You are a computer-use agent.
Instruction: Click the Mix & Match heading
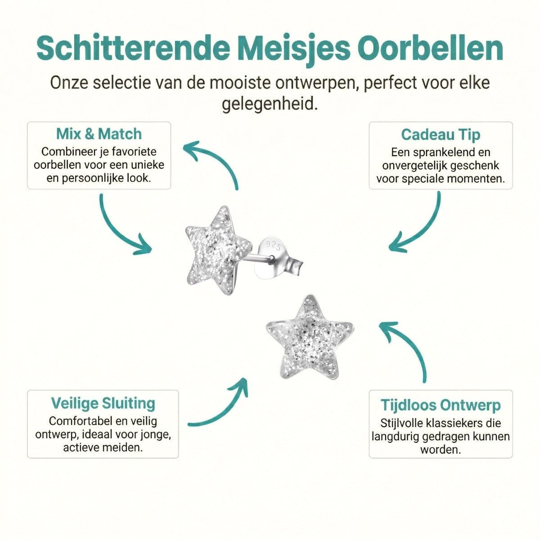tap(99, 134)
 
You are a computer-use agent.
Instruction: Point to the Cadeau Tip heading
tap(441, 135)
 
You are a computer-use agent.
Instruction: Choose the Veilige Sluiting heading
tap(103, 403)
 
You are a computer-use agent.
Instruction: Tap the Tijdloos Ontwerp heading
tap(441, 405)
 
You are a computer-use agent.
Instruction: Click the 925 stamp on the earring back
tap(273, 245)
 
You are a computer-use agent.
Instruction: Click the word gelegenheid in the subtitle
tap(270, 104)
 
